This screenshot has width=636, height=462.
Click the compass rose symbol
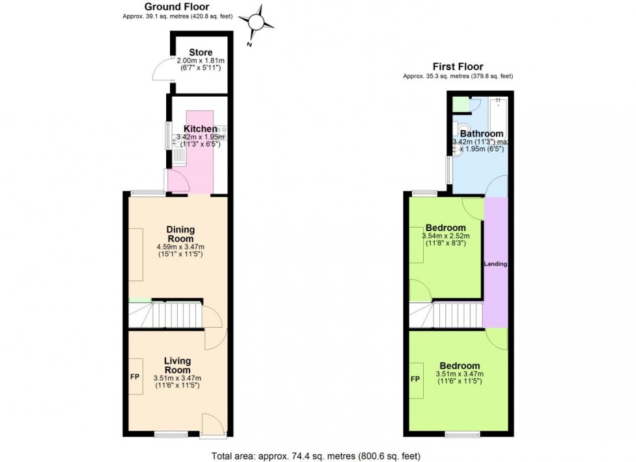pyautogui.click(x=256, y=22)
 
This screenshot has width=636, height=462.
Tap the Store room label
pyautogui.click(x=201, y=53)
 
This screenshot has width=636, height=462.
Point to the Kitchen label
pyautogui.click(x=200, y=129)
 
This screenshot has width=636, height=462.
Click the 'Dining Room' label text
pyautogui.click(x=180, y=234)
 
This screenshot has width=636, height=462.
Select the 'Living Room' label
pyautogui.click(x=177, y=366)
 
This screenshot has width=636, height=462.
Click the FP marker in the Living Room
pyautogui.click(x=136, y=376)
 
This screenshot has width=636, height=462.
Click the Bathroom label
pyautogui.click(x=482, y=134)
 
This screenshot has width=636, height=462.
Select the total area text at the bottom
pyautogui.click(x=317, y=455)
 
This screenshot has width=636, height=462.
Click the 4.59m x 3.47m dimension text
pyautogui.click(x=180, y=247)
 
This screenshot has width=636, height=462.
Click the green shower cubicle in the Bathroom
pyautogui.click(x=461, y=104)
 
